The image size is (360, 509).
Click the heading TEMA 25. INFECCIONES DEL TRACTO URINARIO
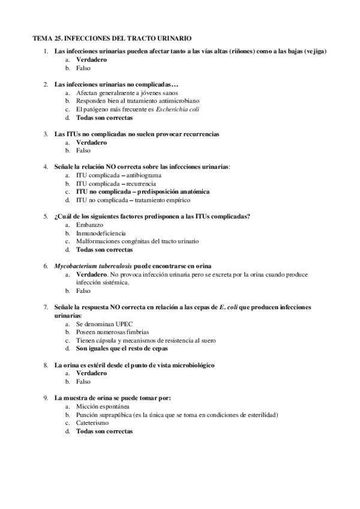click(x=112, y=38)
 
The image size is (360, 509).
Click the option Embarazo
click(x=89, y=224)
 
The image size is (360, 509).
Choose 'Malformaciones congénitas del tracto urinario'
click(x=137, y=241)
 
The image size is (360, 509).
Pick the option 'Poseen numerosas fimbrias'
click(x=112, y=331)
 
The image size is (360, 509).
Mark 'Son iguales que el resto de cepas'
click(x=122, y=348)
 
